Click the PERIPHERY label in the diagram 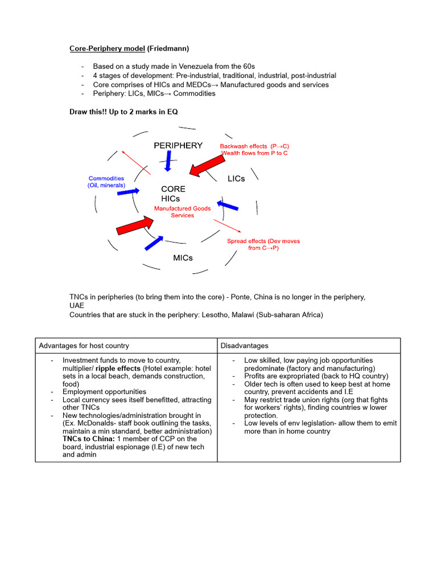[178, 145]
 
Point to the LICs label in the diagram [236, 178]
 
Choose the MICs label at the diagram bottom [183, 258]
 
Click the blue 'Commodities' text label [106, 179]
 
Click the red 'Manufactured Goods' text [182, 208]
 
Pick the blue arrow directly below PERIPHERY [167, 162]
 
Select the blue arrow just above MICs [154, 243]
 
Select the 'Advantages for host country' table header [84, 346]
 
